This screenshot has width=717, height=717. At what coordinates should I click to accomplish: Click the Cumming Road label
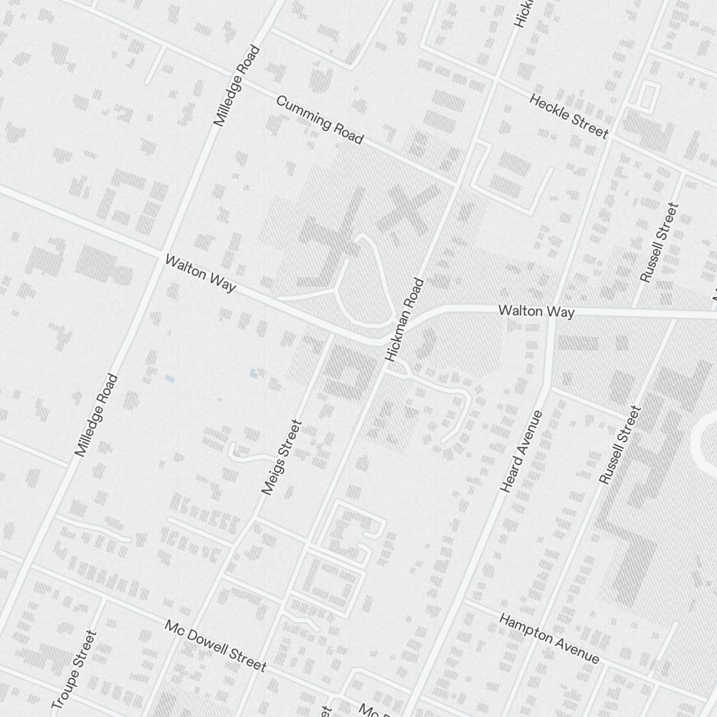[320, 119]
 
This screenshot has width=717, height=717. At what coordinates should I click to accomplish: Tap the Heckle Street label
[569, 115]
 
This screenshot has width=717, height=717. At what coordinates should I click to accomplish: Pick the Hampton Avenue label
[549, 638]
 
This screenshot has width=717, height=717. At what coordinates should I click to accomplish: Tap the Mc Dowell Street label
[215, 645]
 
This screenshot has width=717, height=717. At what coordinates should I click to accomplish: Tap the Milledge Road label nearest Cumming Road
[237, 87]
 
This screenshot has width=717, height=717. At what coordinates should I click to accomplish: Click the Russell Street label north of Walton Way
[659, 242]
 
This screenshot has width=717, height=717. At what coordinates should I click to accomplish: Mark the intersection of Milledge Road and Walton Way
[160, 252]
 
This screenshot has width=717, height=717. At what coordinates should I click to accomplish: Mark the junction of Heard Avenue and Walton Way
[551, 313]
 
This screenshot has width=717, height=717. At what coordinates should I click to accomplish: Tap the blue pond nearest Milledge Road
[170, 378]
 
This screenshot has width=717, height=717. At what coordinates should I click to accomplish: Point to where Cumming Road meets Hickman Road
[457, 183]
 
